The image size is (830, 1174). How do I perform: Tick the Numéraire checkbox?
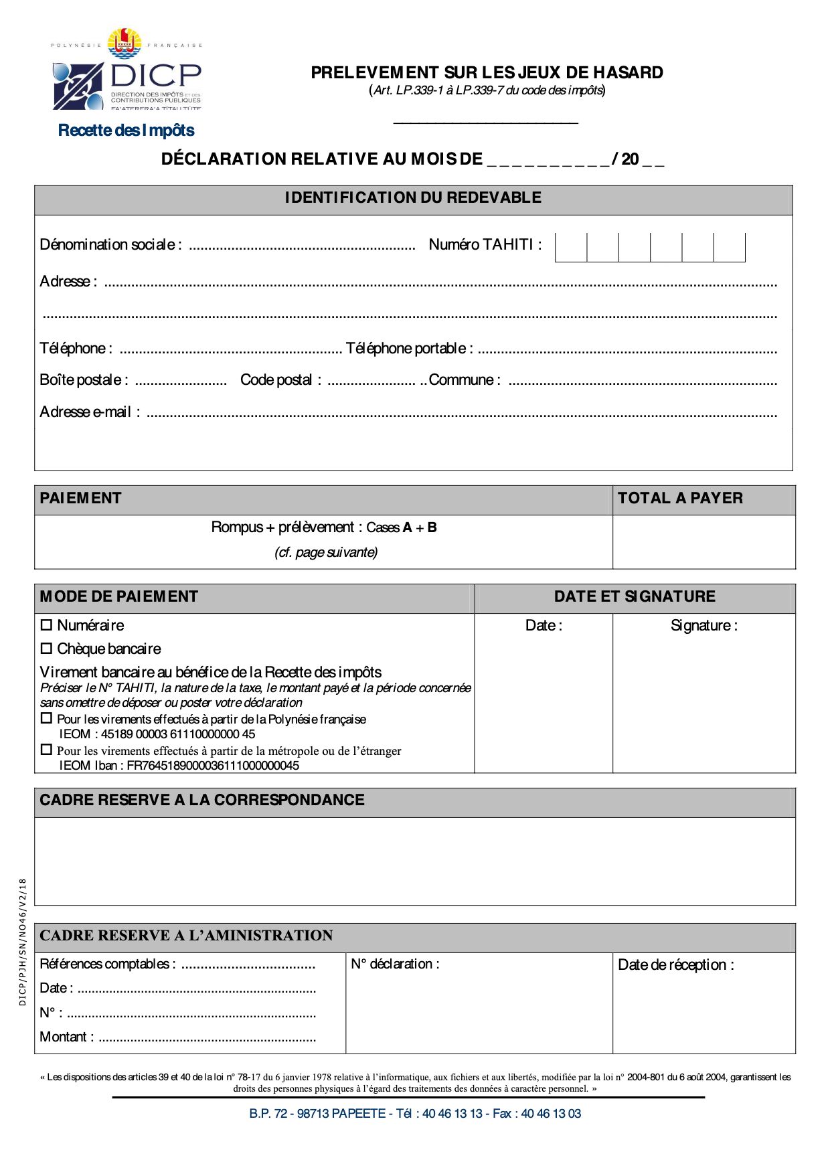click(46, 625)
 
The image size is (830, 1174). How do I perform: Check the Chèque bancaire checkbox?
click(46, 649)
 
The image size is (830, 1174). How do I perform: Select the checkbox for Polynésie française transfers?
click(46, 718)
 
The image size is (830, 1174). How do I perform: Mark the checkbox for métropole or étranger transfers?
click(46, 750)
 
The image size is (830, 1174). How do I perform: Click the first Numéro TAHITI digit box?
click(571, 248)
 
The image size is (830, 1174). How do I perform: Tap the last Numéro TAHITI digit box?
click(730, 248)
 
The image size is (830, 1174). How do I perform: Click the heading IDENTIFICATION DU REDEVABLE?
click(413, 198)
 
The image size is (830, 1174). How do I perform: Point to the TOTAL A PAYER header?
click(680, 498)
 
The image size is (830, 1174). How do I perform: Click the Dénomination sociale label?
click(110, 245)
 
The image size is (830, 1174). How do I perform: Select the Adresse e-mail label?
click(90, 412)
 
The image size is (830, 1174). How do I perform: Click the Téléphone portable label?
click(409, 349)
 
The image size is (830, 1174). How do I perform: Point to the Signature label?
click(703, 626)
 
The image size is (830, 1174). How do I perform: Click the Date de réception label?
click(675, 965)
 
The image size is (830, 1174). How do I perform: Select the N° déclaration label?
click(395, 965)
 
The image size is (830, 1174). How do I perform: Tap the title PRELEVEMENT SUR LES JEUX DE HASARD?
click(487, 73)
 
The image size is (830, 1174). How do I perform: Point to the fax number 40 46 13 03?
click(551, 1114)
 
